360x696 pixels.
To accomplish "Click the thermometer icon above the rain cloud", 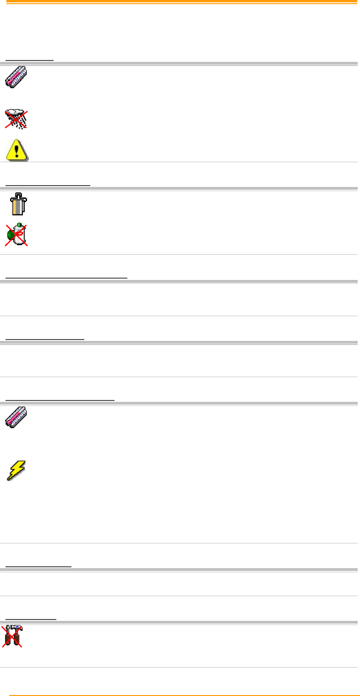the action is click(16, 77).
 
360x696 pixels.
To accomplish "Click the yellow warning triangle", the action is click(17, 149).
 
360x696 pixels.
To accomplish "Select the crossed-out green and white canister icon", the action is click(17, 235).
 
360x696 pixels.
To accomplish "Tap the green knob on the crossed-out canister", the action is click(11, 235).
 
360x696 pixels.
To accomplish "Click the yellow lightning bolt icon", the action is click(16, 470).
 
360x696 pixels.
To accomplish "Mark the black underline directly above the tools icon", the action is click(31, 619).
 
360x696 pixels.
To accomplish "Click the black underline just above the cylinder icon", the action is click(48, 185).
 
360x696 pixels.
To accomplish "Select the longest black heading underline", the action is click(66, 277).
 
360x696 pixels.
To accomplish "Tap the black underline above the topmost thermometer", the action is click(29, 60).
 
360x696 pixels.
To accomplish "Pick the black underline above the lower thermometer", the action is click(60, 400).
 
